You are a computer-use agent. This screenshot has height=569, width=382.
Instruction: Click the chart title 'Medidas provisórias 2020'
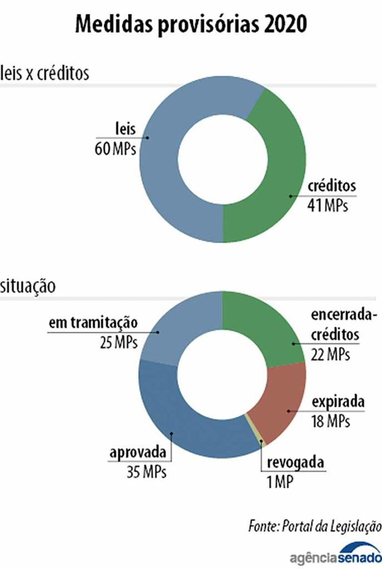[191, 26]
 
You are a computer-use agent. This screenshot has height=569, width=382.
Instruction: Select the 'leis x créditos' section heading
[45, 73]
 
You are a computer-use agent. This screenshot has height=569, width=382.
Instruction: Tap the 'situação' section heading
[27, 287]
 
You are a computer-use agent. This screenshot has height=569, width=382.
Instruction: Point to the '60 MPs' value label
[116, 149]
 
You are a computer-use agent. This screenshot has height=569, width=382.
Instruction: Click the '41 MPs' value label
[328, 206]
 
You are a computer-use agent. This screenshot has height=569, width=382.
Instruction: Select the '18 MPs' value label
[331, 421]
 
